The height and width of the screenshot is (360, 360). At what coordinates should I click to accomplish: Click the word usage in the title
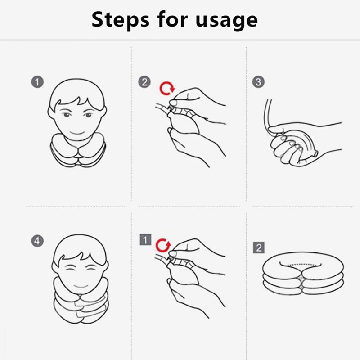pyautogui.click(x=227, y=20)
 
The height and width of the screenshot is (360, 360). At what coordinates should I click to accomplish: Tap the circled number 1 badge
pyautogui.click(x=38, y=82)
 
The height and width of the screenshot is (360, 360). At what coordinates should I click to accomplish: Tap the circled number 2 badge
pyautogui.click(x=144, y=82)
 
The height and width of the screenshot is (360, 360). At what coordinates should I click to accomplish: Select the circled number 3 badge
pyautogui.click(x=258, y=82)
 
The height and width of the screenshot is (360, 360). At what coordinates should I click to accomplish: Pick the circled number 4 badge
pyautogui.click(x=38, y=241)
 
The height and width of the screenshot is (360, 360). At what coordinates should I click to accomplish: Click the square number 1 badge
pyautogui.click(x=144, y=240)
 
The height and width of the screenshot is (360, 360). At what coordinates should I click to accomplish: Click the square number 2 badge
pyautogui.click(x=258, y=247)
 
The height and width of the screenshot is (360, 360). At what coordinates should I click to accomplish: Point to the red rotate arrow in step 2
pyautogui.click(x=166, y=88)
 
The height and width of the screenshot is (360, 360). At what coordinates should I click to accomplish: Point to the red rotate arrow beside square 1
pyautogui.click(x=163, y=246)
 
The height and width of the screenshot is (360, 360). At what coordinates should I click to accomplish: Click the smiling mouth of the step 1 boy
pyautogui.click(x=77, y=133)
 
